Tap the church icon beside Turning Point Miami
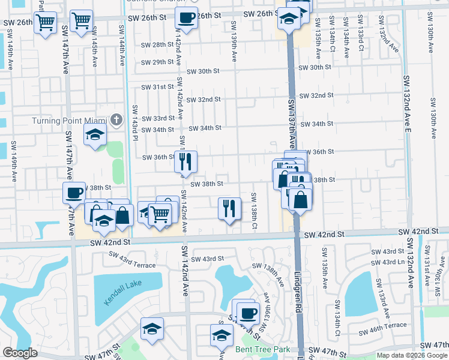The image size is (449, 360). [118, 121]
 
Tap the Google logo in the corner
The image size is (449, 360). [20, 353]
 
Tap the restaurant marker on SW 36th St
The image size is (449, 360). [185, 161]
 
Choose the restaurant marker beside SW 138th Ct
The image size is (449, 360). [229, 209]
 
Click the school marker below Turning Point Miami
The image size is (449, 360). [94, 136]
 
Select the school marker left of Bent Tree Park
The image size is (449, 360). [152, 329]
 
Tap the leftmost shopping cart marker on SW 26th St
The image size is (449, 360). [45, 23]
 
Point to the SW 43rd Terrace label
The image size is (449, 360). [132, 260]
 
